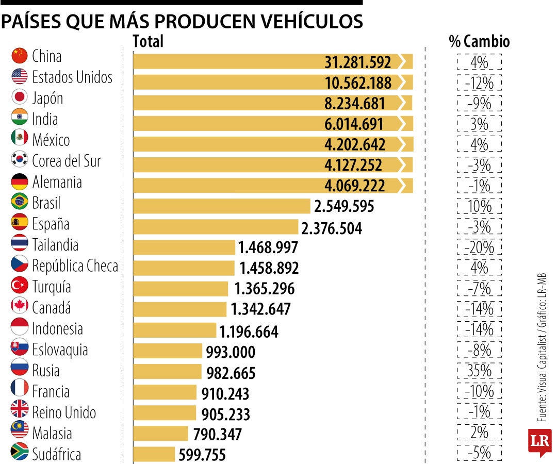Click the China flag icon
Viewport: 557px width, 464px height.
click(x=19, y=55)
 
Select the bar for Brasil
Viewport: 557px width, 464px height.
click(x=221, y=206)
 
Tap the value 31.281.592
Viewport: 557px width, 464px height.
click(x=357, y=62)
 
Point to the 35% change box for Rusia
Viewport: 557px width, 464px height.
click(x=479, y=370)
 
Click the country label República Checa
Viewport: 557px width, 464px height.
click(x=75, y=266)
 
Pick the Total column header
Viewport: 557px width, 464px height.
click(x=148, y=41)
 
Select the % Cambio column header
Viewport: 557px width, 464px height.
click(x=479, y=41)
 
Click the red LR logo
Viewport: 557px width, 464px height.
click(x=539, y=442)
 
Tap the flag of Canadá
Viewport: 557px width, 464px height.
click(x=19, y=307)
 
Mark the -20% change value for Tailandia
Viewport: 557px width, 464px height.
click(x=479, y=247)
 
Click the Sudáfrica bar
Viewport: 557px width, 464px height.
click(x=154, y=454)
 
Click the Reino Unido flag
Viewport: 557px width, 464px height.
click(x=19, y=412)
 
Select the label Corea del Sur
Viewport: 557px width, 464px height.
click(x=66, y=160)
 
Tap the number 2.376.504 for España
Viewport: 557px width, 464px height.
click(x=332, y=227)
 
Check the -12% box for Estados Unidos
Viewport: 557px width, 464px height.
click(x=479, y=82)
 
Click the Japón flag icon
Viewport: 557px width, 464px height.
click(x=19, y=97)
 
